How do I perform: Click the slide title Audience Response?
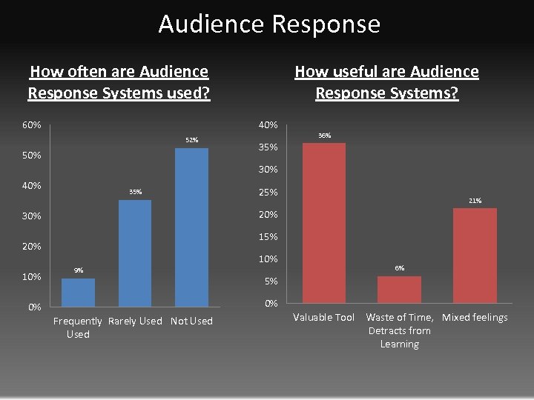pos(269,24)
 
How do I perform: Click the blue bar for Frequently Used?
pos(78,292)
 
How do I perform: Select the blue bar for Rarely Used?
pos(135,253)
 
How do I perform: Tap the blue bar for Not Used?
pos(191,227)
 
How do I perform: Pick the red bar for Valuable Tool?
pos(324,222)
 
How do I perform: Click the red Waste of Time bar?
pos(399,289)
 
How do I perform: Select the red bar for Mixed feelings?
pos(475,255)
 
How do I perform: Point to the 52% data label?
pos(191,140)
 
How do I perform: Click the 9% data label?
pos(78,270)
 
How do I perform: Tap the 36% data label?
pos(324,136)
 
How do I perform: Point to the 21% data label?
pos(475,201)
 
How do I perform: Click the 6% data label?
pos(399,268)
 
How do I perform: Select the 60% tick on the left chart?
pos(31,124)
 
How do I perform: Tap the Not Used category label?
pos(191,321)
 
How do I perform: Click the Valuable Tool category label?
pos(324,317)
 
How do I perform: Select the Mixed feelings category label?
pos(475,317)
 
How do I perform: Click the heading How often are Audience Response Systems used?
pos(119,82)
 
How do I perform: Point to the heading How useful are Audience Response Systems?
pos(386,82)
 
